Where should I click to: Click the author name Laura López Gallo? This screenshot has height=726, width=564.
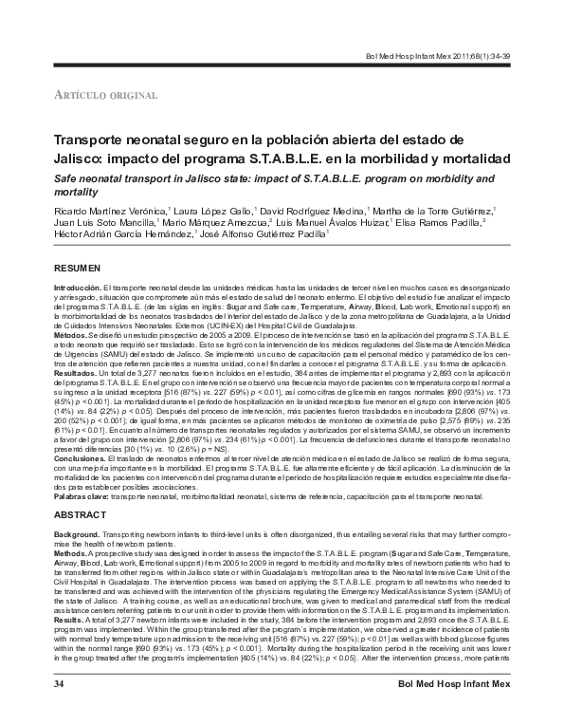209,210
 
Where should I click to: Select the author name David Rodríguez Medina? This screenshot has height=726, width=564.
312,210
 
